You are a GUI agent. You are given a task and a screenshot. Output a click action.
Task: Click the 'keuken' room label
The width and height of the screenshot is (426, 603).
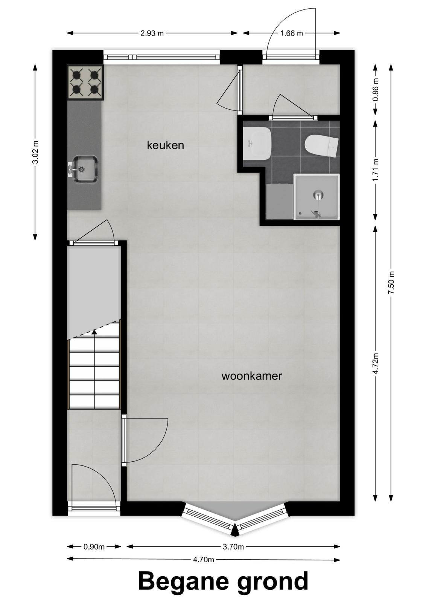tap(165, 145)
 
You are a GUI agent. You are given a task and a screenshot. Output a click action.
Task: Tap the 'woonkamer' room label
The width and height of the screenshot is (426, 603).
tap(251, 376)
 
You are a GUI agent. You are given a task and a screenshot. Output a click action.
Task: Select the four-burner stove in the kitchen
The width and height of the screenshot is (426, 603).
tap(85, 83)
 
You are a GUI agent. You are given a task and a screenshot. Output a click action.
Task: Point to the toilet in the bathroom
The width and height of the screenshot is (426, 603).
tap(321, 145)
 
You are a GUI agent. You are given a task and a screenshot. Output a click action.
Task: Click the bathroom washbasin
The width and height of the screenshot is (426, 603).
tap(257, 144)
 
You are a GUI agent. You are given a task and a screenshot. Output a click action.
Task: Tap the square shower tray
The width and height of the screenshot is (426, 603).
tap(316, 197)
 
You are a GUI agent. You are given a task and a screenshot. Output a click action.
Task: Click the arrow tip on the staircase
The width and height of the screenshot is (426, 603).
tap(94, 331)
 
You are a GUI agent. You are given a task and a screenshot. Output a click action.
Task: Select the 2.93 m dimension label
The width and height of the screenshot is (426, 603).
tap(152, 34)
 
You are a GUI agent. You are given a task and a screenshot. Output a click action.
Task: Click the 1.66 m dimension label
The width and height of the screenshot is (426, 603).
tap(291, 34)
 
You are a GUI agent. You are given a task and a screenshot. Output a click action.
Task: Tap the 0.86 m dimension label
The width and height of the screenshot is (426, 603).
tap(376, 89)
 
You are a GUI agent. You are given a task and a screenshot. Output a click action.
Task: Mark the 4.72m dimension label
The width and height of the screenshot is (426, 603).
tap(376, 363)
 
